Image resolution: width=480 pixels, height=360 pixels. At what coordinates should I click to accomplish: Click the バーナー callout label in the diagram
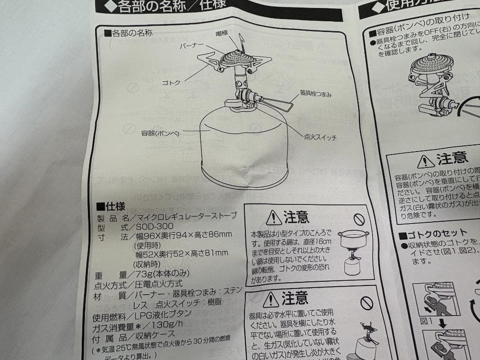coord(192,46)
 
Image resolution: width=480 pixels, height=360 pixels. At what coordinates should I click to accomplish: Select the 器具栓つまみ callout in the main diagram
coord(316,95)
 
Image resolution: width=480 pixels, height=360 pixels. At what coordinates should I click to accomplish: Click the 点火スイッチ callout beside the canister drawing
coord(320,137)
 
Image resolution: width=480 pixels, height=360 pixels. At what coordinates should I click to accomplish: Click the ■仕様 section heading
coord(111,207)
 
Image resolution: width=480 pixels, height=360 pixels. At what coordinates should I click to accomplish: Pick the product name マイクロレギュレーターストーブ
coord(187,216)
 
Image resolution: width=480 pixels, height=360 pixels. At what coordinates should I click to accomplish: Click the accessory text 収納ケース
coord(157,340)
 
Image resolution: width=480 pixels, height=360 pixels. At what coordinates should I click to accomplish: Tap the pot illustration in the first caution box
coord(353,240)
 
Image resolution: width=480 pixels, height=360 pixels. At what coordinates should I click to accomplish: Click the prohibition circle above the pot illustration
coord(359,219)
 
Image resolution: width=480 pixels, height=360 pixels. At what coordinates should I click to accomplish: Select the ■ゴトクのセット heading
coord(433,234)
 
